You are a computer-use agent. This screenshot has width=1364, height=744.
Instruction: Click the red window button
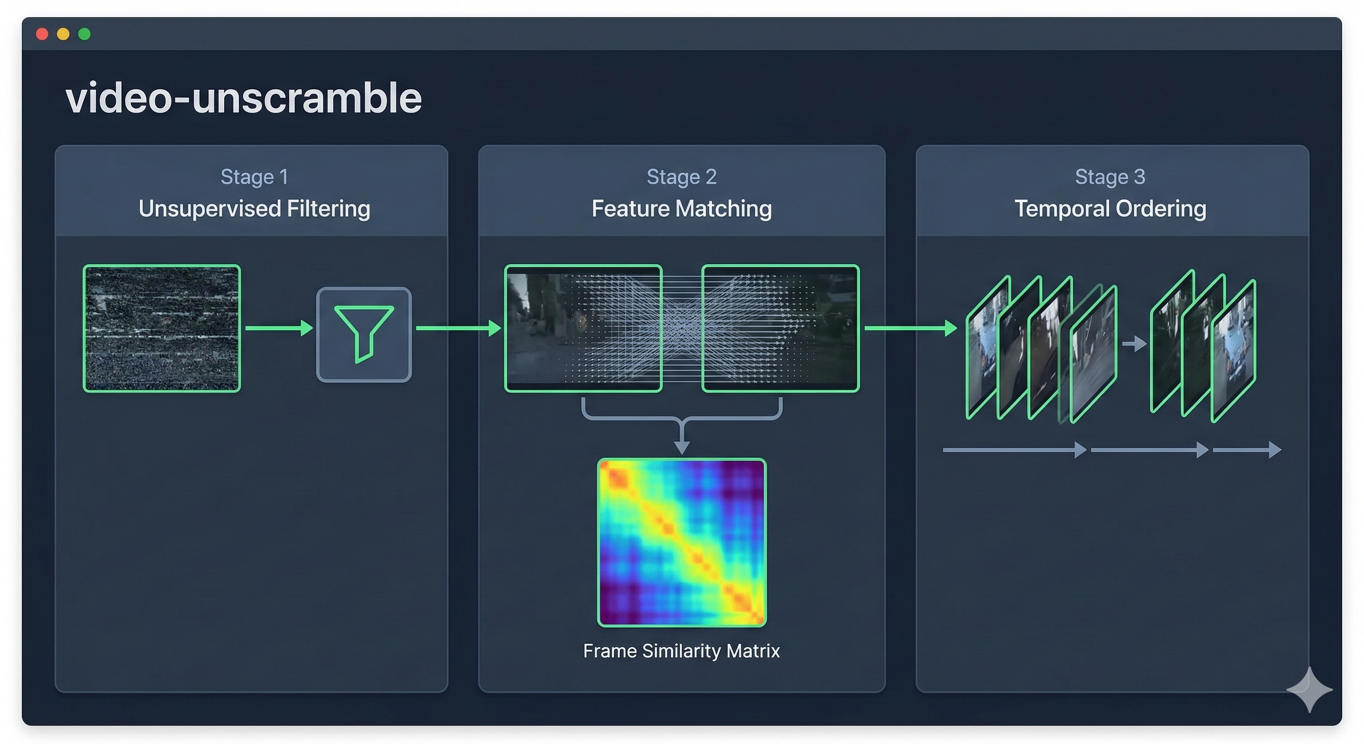(x=42, y=34)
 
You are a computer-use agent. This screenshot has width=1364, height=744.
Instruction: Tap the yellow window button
(x=63, y=34)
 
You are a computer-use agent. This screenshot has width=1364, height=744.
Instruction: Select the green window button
(x=84, y=34)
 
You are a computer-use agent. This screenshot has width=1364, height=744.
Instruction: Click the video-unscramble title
(x=244, y=98)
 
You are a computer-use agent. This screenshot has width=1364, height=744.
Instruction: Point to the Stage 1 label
(x=254, y=177)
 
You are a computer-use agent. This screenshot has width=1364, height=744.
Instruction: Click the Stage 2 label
(x=682, y=177)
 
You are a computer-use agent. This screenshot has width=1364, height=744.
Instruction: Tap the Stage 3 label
(x=1110, y=177)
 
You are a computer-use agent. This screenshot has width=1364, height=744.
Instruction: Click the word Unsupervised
(x=210, y=209)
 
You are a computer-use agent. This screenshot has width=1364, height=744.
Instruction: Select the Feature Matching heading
(x=682, y=209)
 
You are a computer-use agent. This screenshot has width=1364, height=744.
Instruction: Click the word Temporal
(x=1062, y=209)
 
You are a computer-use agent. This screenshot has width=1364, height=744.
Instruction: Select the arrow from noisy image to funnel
(x=279, y=328)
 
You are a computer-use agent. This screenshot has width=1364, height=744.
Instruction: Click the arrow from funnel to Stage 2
(x=459, y=328)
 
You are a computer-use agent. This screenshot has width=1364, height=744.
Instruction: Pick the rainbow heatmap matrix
(x=682, y=543)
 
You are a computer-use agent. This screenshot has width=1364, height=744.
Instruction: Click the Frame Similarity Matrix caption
(x=682, y=651)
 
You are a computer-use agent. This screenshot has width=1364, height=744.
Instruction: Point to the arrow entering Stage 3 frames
(x=911, y=328)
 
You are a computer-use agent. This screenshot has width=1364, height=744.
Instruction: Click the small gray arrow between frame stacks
(x=1134, y=344)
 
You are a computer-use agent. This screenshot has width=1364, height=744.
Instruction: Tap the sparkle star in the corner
(x=1309, y=689)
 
